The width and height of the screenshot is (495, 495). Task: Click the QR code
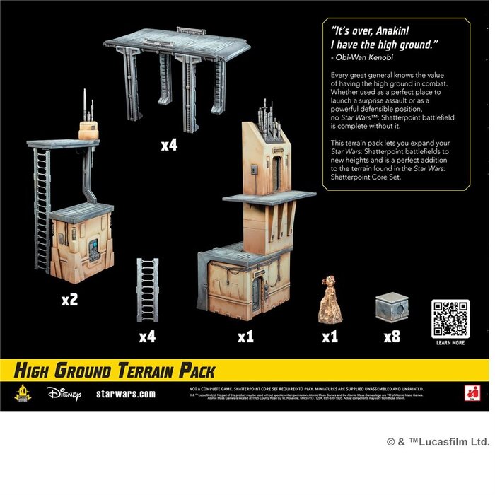[x=450, y=318]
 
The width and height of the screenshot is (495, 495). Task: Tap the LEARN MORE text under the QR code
[x=450, y=343]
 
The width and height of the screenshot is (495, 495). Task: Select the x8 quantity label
[x=391, y=337]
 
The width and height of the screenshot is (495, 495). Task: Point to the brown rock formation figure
[x=330, y=300]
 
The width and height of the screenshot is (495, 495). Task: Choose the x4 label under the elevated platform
[x=169, y=146]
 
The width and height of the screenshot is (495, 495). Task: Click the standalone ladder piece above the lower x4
[x=147, y=290]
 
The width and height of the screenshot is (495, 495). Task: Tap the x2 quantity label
[x=69, y=300]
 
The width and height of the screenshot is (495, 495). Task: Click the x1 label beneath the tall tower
[x=245, y=337]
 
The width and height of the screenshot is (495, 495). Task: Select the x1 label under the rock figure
[x=330, y=337]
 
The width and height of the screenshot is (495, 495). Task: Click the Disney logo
[x=65, y=392]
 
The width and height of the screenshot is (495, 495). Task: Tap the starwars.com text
[x=125, y=393]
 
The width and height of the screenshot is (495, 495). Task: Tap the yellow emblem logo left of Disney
[x=23, y=392]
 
